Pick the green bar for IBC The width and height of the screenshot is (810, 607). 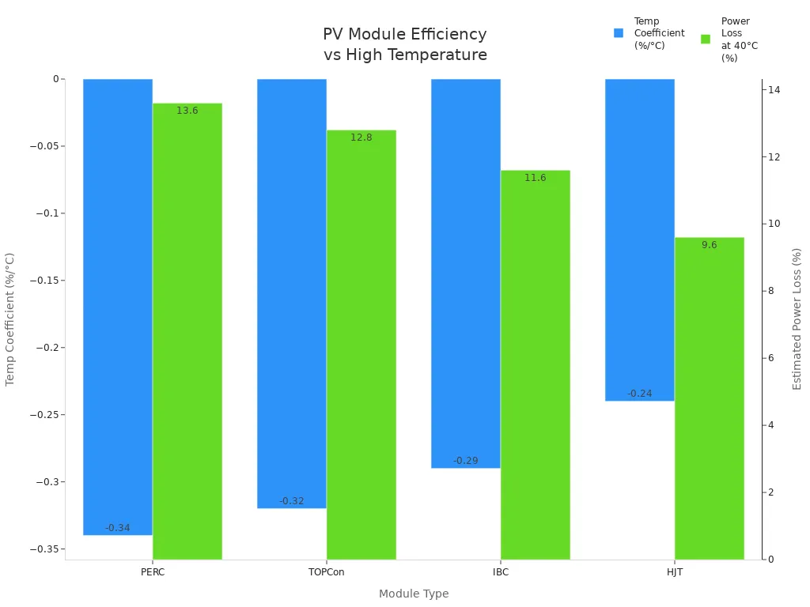(536, 364)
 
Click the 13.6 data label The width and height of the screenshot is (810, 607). (187, 111)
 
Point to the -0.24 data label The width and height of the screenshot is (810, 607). (640, 394)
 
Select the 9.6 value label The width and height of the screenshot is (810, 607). (710, 245)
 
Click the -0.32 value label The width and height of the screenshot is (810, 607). (292, 501)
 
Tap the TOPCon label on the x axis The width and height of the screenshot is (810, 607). (327, 572)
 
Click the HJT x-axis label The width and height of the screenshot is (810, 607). (675, 572)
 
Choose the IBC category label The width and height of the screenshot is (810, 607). (501, 572)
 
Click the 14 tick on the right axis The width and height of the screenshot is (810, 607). (774, 90)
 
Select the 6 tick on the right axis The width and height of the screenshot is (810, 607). (771, 358)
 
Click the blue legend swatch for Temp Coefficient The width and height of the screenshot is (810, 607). (619, 33)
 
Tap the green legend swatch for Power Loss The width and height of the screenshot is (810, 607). (706, 39)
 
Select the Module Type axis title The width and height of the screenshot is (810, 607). (414, 594)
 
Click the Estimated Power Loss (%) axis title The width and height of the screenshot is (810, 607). (797, 319)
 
